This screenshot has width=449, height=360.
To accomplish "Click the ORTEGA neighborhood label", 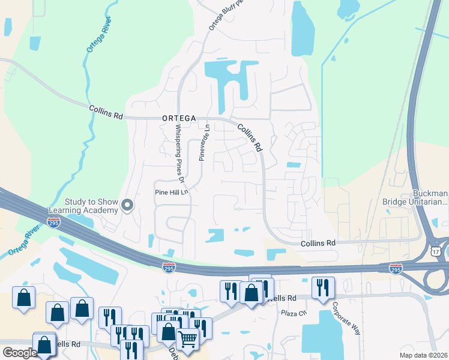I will coord(178,119).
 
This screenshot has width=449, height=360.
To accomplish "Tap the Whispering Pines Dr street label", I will coord(178,150).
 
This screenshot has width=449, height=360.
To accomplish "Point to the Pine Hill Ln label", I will coord(172,193).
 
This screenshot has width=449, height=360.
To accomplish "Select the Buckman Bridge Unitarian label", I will coord(415,199).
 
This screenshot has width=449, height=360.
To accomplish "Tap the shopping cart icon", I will coord(187,338).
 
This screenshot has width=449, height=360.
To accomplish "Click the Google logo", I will coord(20,353).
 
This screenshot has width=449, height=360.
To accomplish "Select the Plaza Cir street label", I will coord(295,313).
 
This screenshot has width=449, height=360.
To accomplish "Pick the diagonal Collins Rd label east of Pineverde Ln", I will coord(250,137).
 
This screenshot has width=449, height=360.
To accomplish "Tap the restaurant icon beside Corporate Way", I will coord(323,287).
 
